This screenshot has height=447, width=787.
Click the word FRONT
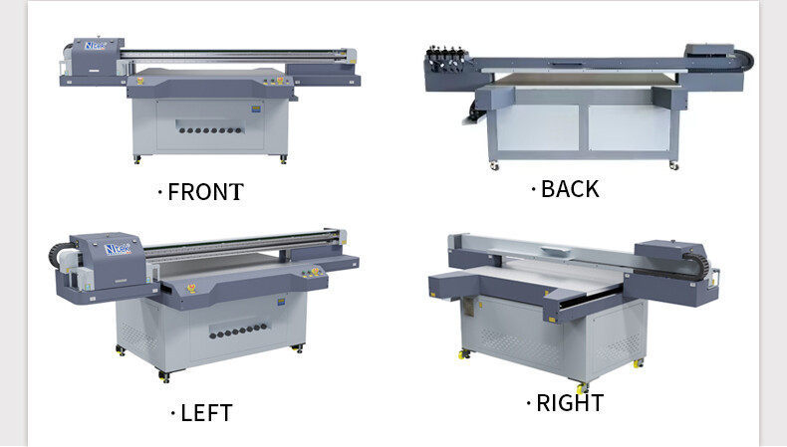point(205,192)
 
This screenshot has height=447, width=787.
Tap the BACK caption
point(569,188)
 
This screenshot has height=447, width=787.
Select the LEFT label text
point(206,412)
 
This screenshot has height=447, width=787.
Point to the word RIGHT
point(569,403)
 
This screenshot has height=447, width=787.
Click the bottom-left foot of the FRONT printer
point(135,160)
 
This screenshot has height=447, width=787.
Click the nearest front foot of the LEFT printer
point(165,378)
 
